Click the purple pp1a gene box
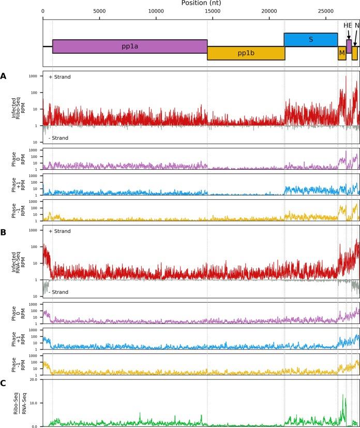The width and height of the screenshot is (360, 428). [129, 46]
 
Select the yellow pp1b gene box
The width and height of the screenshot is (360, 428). [246, 53]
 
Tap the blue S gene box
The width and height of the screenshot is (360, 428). [310, 39]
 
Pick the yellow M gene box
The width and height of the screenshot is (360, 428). [342, 53]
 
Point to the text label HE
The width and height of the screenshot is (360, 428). [348, 25]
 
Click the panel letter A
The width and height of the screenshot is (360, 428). [4, 76]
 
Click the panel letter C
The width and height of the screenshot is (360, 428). [4, 383]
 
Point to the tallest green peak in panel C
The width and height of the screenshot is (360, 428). [342, 395]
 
